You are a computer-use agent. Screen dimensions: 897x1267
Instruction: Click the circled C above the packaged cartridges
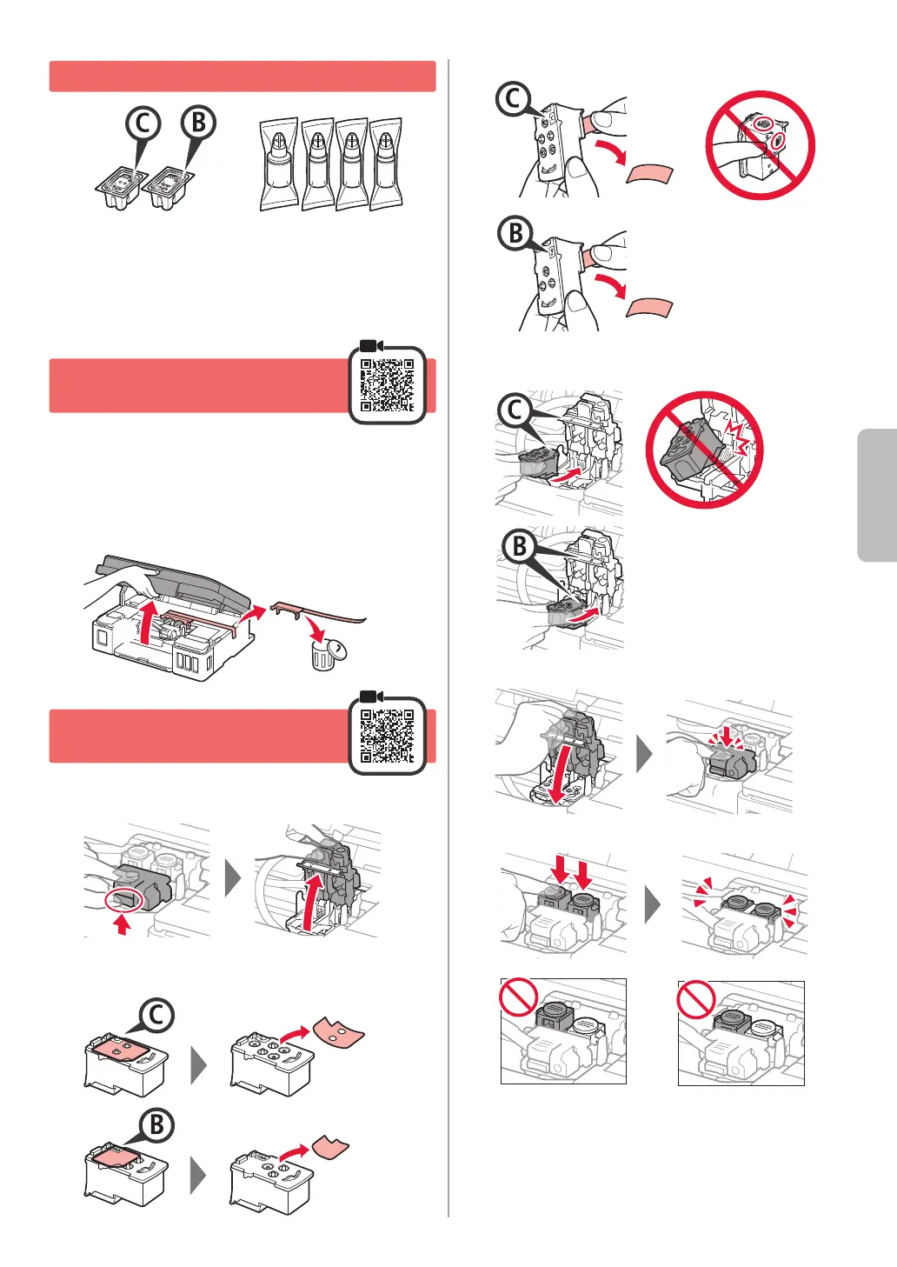tap(143, 123)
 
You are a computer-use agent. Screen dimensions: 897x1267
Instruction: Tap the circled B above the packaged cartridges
tap(198, 122)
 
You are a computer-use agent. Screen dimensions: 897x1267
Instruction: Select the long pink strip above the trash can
tap(316, 612)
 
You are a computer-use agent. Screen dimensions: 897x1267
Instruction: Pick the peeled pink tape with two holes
tap(339, 1032)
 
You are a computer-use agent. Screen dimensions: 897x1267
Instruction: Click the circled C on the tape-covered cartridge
tap(156, 1016)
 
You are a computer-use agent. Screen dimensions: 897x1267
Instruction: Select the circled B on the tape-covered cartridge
tap(156, 1125)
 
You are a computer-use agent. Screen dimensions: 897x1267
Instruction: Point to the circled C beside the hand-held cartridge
tap(513, 99)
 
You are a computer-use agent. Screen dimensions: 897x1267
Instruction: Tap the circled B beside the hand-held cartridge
tap(515, 232)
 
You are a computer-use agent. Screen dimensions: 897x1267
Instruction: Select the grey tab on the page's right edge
tap(877, 495)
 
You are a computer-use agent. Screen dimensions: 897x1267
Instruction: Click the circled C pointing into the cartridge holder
tap(515, 410)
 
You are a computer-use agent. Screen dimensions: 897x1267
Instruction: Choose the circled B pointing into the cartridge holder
tap(519, 546)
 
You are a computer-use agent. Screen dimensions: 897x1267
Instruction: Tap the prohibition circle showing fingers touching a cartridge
tap(761, 145)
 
